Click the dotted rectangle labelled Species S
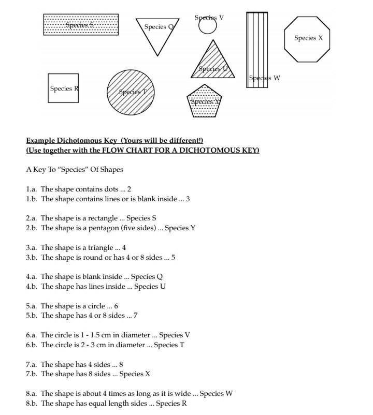click(81, 25)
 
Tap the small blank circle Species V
click(207, 26)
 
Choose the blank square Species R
click(63, 88)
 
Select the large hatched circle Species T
click(131, 92)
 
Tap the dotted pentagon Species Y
click(204, 101)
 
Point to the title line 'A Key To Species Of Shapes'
click(75, 170)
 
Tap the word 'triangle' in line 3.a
click(102, 248)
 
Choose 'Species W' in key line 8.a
click(216, 394)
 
